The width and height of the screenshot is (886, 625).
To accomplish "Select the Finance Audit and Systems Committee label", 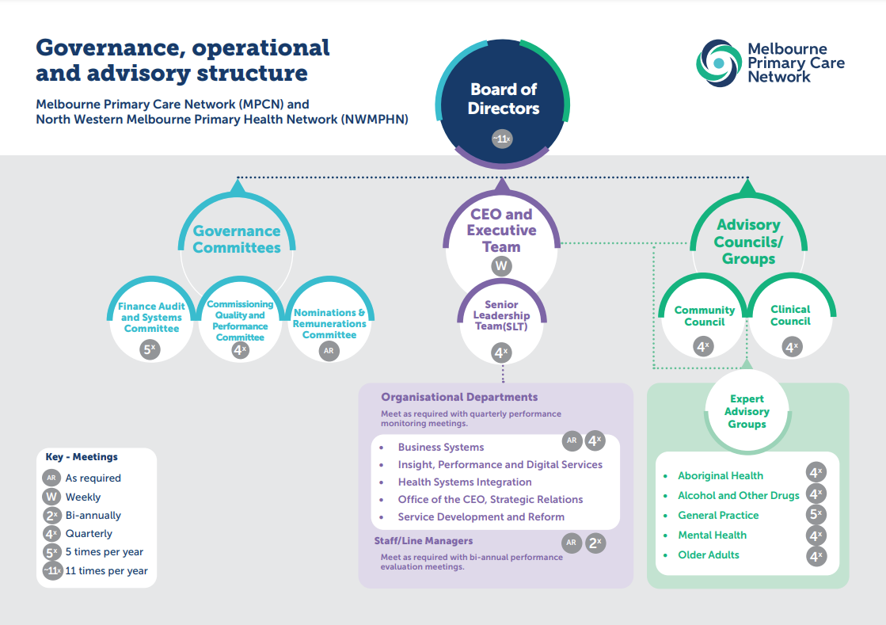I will tap(152, 318).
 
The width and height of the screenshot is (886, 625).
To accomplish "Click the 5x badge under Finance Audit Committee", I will tap(151, 349).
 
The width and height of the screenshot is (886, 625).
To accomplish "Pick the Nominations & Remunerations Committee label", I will tap(329, 323).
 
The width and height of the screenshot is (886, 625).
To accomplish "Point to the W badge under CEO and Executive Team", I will tap(501, 266).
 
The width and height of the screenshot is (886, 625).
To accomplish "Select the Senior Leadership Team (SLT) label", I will tap(502, 316).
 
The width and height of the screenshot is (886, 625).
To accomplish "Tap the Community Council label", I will tap(704, 316).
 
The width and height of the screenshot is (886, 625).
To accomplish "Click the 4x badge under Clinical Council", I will tap(791, 346).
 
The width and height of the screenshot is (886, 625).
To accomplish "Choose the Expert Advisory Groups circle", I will tap(747, 412).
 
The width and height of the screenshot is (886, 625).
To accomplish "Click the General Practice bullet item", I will tap(718, 516).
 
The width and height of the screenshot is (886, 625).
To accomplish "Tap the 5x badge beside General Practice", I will tap(816, 515).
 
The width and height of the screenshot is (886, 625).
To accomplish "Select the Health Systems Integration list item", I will tap(465, 482).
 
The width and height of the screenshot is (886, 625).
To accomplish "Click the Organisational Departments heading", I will tap(459, 398).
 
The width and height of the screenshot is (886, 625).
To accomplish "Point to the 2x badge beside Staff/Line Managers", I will tap(595, 543).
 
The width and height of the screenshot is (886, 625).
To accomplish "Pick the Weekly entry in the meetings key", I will tap(82, 497).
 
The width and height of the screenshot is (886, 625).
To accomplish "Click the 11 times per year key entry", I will tap(106, 571).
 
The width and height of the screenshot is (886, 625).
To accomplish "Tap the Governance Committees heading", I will tap(237, 239).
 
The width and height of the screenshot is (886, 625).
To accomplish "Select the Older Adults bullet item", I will tap(709, 555).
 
